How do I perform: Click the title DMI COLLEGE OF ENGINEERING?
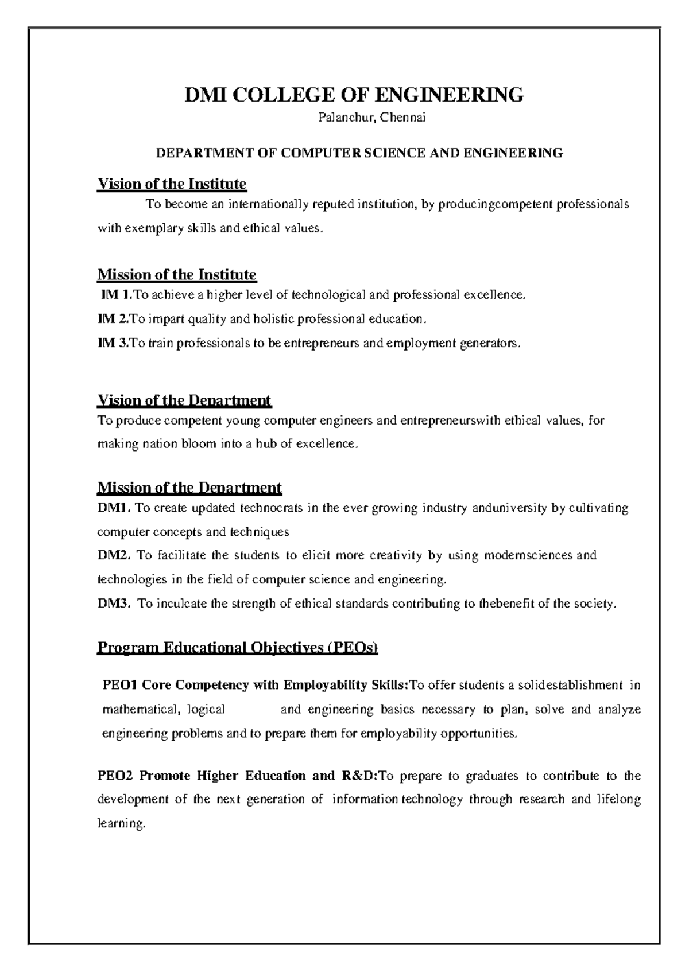click(354, 94)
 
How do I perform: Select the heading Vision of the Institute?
click(172, 184)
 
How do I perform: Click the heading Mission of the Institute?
click(177, 275)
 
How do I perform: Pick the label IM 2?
click(114, 318)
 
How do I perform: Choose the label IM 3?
click(114, 343)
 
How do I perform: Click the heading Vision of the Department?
click(184, 400)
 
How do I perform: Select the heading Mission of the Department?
click(189, 488)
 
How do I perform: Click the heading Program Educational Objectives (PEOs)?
click(238, 648)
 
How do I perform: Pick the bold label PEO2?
click(115, 776)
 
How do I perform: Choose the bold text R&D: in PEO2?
click(359, 776)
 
